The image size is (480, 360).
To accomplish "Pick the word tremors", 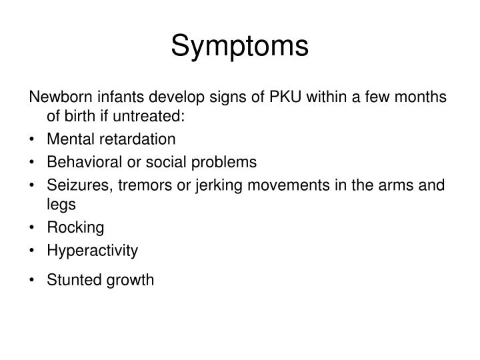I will point(135,184).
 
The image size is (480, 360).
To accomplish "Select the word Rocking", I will point(75,228).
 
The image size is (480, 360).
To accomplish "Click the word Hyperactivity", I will point(93,251).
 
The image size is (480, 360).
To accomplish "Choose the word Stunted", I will point(71,280).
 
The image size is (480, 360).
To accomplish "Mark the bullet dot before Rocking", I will point(34,228).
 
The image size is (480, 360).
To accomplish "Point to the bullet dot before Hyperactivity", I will point(34,251).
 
